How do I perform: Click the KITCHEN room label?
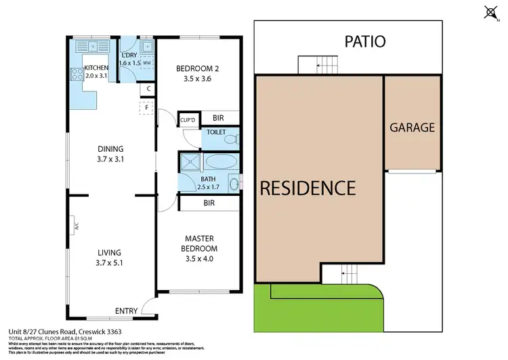(x=96, y=68)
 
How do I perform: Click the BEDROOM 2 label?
(x=197, y=68)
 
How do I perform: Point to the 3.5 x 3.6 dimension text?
(x=197, y=79)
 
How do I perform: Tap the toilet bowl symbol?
(x=232, y=140)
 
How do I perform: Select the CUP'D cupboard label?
(x=188, y=121)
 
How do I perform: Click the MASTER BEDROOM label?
(x=198, y=243)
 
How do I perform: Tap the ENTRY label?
(x=126, y=311)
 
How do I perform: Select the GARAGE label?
(x=412, y=127)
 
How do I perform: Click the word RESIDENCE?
(x=308, y=187)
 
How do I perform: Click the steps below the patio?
(x=326, y=65)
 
